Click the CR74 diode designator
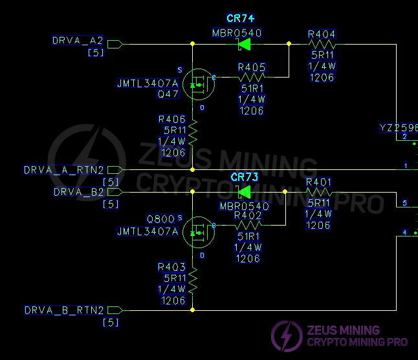click(240, 19)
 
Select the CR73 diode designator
click(245, 177)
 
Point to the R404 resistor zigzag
click(321, 45)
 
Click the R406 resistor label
click(171, 120)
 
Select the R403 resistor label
click(171, 268)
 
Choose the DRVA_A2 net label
click(78, 41)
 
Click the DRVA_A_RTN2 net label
click(64, 171)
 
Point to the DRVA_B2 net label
click(79, 192)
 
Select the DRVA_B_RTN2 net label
click(64, 310)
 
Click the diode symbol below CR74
click(245, 45)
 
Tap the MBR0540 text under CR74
click(237, 33)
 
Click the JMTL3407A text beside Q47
click(148, 84)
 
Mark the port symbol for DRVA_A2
click(115, 45)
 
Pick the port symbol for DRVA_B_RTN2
click(115, 310)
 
